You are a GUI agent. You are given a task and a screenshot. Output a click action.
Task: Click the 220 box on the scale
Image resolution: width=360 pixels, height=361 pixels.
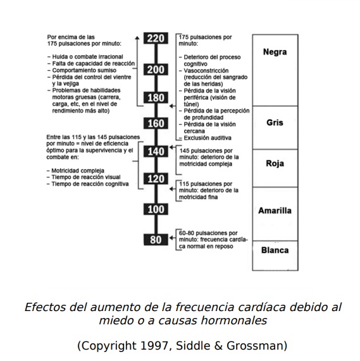coord(156,38)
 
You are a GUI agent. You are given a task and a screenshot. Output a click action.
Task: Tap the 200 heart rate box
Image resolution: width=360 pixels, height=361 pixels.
coord(156,70)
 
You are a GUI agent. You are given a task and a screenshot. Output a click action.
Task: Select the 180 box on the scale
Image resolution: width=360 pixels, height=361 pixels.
coord(156,97)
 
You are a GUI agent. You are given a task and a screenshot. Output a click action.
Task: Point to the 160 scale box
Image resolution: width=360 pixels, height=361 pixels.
coord(156,123)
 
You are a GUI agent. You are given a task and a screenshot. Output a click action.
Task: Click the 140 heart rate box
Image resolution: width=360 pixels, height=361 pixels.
coord(156,151)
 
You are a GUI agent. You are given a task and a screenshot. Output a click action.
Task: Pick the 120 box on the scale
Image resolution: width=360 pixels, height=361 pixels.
coord(156,179)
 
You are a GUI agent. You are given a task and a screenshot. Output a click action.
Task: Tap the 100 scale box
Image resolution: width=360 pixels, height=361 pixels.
coord(156,209)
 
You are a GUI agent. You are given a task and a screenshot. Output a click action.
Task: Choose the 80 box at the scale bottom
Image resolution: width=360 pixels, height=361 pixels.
coord(156,240)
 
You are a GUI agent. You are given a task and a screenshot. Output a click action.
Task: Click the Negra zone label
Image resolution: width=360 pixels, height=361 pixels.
coord(275,52)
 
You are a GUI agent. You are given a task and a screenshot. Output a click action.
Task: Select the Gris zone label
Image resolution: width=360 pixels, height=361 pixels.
coord(275,123)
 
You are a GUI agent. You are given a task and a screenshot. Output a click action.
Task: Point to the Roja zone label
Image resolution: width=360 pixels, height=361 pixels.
coord(275,164)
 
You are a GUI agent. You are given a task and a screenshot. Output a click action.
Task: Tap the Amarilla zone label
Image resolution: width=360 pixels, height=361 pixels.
coord(275,211)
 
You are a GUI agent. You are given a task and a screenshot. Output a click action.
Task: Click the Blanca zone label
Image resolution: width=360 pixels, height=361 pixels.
coord(275,250)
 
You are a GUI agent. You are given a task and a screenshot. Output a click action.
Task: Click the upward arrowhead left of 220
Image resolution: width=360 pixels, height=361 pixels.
coord(137,38)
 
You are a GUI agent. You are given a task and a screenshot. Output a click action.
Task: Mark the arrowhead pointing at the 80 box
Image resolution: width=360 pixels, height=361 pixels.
coord(171,238)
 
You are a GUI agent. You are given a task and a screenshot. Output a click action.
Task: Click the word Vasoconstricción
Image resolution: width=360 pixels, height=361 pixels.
coord(206,71)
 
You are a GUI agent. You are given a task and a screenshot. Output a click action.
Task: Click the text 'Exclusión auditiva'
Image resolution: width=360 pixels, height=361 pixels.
coord(208,138)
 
